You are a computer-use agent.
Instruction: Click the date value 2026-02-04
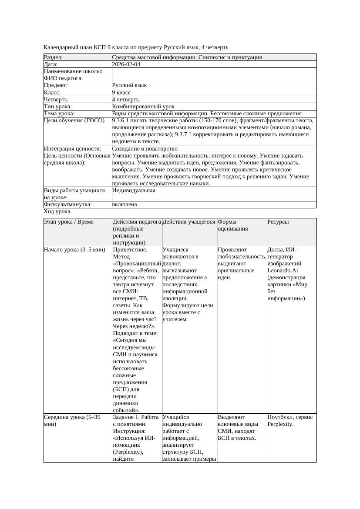click(x=126, y=64)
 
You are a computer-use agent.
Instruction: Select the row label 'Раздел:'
click(x=54, y=57)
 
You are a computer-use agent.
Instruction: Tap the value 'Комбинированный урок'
click(x=143, y=107)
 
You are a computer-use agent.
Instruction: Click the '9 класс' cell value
click(x=121, y=93)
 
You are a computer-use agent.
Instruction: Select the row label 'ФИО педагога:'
click(x=64, y=78)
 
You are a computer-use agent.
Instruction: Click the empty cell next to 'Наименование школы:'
click(x=214, y=71)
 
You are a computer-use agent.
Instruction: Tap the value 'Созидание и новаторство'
click(x=145, y=149)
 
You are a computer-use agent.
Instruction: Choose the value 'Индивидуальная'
click(x=134, y=191)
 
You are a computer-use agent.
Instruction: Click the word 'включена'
click(x=124, y=204)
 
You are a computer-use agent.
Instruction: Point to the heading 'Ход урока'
click(x=57, y=211)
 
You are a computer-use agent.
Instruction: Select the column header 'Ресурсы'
click(x=278, y=222)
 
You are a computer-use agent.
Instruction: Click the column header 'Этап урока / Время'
click(x=69, y=222)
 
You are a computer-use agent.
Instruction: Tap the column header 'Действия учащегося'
click(x=188, y=222)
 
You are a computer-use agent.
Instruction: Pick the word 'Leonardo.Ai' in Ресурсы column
click(x=283, y=271)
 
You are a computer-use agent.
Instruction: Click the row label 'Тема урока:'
click(x=59, y=114)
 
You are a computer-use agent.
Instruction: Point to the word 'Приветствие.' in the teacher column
click(x=130, y=250)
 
